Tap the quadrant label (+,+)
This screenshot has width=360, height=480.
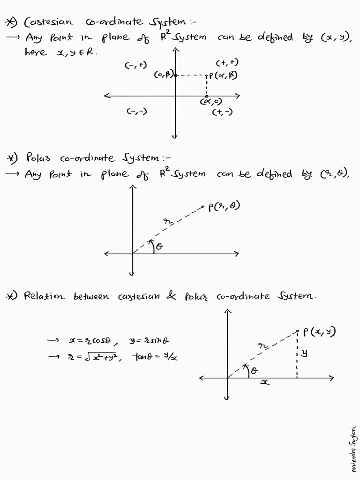[227, 63]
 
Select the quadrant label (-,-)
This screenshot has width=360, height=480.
[137, 112]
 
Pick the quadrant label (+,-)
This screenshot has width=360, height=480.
[222, 112]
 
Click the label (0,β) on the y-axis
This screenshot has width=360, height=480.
[164, 74]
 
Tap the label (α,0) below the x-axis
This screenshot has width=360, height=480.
[211, 102]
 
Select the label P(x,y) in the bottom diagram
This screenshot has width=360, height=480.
[319, 332]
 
